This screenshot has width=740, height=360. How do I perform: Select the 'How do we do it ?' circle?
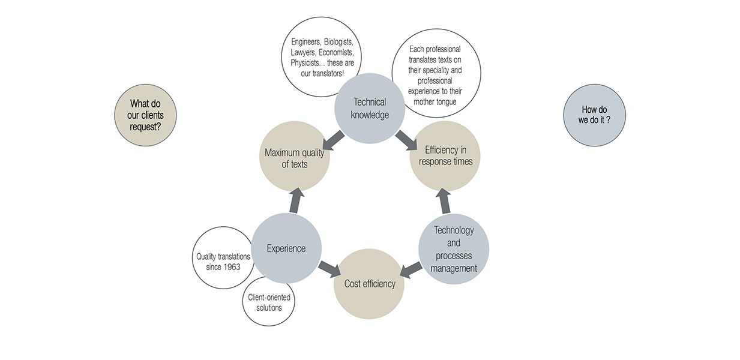[x=594, y=115]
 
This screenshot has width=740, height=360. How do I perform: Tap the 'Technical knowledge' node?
[x=370, y=109]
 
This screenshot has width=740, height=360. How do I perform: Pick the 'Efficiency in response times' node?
[x=445, y=156]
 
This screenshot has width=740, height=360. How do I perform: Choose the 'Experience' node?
[x=286, y=248]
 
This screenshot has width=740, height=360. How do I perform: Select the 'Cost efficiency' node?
[x=369, y=284]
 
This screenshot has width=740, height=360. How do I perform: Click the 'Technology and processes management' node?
[x=454, y=248]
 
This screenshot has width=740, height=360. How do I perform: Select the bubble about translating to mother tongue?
[x=436, y=74]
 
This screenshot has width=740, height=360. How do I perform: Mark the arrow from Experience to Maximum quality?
[x=296, y=200]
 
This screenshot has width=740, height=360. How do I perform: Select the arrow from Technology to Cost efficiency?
[x=411, y=269]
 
